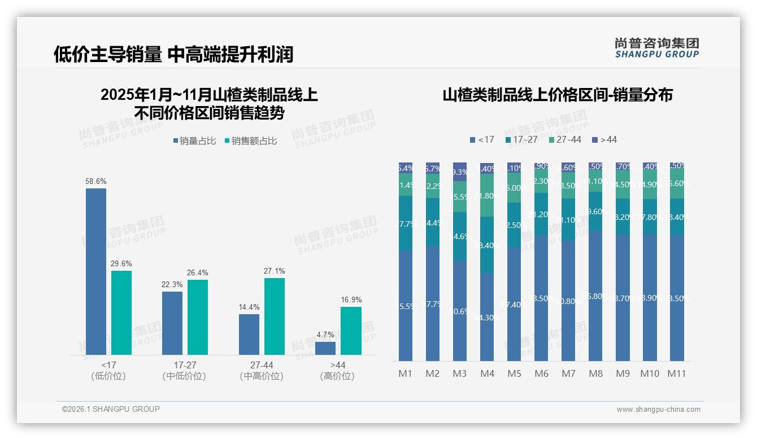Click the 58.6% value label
95,182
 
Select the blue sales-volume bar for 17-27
172,323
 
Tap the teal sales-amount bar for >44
351,331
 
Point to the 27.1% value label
274,271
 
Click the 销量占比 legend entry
194,141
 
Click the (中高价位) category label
260,376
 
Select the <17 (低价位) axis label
108,371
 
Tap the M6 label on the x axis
541,373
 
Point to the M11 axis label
676,373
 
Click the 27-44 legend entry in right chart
564,139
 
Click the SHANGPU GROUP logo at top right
656,47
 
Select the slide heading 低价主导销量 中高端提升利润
173,55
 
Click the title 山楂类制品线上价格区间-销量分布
557,95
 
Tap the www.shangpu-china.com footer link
658,410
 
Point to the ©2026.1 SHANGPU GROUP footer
111,409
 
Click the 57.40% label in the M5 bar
514,305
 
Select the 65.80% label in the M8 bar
595,296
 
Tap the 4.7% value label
325,335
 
